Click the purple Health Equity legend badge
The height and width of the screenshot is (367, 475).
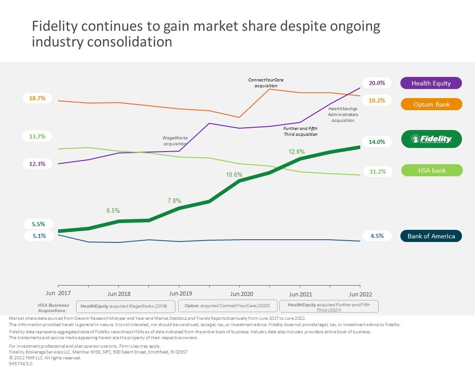tap(430, 83)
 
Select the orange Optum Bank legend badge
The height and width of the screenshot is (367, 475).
tap(430, 104)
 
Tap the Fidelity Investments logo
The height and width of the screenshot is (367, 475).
tap(431, 139)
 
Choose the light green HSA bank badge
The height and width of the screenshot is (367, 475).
tap(431, 170)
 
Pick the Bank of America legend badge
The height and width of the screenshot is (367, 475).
tap(431, 236)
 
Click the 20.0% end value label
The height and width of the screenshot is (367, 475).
tap(377, 83)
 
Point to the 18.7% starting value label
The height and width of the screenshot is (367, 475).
tap(38, 98)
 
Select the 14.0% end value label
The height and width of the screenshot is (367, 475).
tap(377, 142)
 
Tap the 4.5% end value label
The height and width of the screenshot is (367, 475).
tap(377, 236)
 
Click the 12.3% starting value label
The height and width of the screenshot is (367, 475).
tap(38, 164)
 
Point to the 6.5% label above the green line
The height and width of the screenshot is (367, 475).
tap(113, 210)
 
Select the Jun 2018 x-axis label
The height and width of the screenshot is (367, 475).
tap(119, 294)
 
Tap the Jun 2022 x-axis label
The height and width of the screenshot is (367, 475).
tap(360, 294)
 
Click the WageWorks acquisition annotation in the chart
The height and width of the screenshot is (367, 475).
tap(175, 141)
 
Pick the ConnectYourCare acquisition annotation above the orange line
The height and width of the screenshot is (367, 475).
tap(266, 83)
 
